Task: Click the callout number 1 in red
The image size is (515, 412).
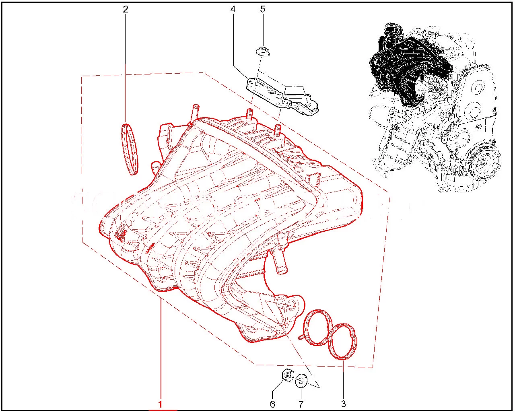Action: click(x=161, y=404)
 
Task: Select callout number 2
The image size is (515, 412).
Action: click(x=126, y=9)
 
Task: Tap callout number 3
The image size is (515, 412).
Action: click(x=344, y=404)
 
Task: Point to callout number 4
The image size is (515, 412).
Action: click(x=233, y=9)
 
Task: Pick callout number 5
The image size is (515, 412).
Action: click(x=262, y=9)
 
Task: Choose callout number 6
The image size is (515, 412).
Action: click(x=272, y=404)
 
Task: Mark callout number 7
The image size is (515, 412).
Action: click(x=301, y=404)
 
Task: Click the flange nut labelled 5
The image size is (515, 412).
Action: click(x=262, y=51)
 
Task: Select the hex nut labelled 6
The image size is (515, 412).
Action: click(x=287, y=375)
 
